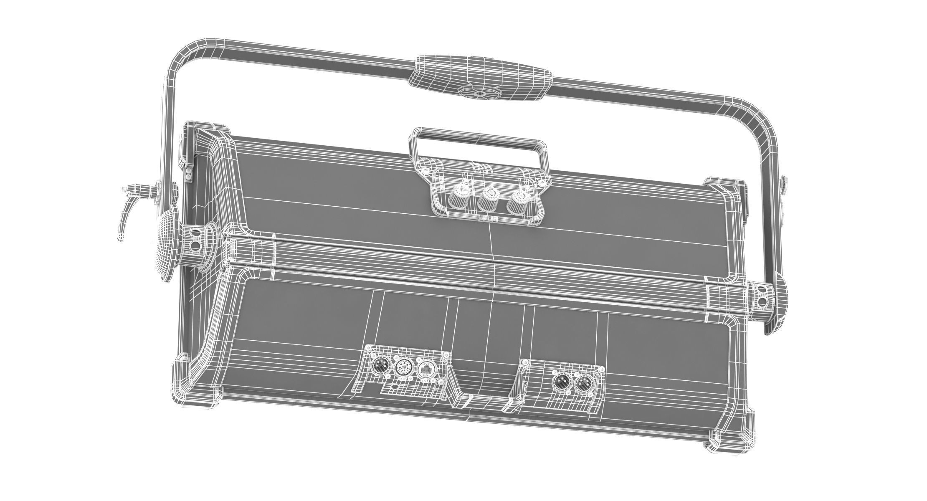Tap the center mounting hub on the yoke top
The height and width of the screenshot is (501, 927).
tap(480, 93)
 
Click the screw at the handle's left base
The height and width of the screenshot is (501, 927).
tap(425, 170)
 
